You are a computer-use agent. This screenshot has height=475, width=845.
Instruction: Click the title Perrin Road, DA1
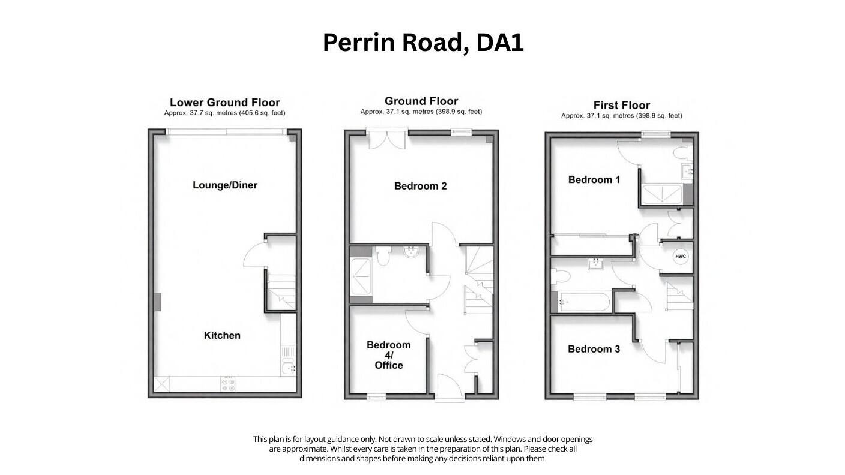pos(422,43)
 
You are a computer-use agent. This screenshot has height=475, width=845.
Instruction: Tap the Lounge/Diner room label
pos(224,185)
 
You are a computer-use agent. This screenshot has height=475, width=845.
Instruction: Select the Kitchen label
pos(222,335)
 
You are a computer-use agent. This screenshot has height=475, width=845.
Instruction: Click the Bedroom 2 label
pos(420,186)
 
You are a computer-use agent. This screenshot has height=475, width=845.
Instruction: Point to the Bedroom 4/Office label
pos(388,355)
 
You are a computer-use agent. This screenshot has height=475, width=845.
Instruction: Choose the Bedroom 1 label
pos(594,179)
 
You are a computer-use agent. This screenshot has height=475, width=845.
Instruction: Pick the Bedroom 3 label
pos(594,349)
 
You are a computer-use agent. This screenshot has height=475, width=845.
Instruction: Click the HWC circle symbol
pos(680,257)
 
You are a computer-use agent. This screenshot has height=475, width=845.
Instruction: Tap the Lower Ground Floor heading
pos(224,103)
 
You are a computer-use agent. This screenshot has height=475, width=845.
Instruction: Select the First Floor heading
pos(621,105)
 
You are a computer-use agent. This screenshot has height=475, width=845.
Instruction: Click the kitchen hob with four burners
pos(229,384)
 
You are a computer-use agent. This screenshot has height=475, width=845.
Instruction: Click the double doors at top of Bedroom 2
pos(388,139)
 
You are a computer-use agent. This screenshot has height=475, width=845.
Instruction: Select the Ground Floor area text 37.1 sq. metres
pos(421,112)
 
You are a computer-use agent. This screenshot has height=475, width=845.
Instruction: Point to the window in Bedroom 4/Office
pos(376,396)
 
